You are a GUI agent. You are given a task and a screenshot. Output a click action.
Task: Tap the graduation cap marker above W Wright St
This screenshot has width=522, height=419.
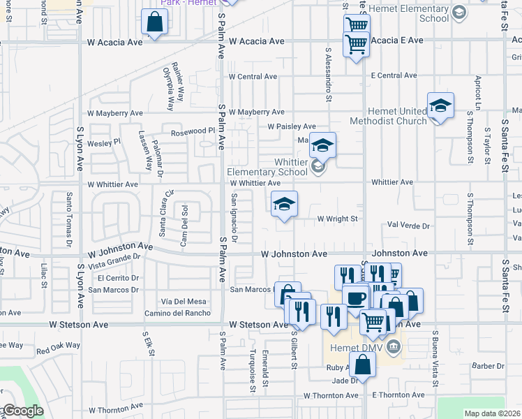284,204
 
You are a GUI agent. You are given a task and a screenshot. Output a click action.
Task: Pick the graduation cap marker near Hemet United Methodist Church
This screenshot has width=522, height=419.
440,105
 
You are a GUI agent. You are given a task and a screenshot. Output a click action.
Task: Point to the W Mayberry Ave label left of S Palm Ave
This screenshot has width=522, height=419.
114,112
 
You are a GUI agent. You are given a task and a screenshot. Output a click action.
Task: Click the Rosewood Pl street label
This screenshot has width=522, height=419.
192,131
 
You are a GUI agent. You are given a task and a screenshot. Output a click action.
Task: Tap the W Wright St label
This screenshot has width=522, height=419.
338,219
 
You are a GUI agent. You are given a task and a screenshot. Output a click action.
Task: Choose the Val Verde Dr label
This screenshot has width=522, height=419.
408,226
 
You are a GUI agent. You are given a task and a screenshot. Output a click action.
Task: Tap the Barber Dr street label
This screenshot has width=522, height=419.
488,365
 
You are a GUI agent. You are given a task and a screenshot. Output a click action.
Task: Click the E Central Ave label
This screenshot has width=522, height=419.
394,75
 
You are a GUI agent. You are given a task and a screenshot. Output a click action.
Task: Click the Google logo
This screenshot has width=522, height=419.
22,411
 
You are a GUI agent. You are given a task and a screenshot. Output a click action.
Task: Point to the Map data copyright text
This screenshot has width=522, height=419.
493,413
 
